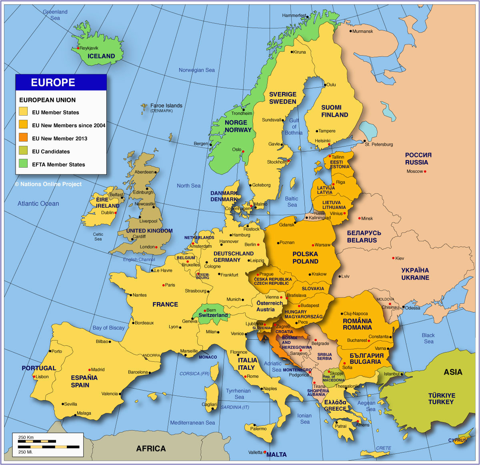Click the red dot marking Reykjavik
[x=78, y=48]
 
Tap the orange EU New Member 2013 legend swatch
[x=23, y=138]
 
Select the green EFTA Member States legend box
[x=23, y=164]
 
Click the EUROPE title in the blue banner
[x=53, y=82]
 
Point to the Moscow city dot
[x=425, y=172]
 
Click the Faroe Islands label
[x=166, y=106]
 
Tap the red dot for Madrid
[x=89, y=370]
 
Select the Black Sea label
[x=428, y=338]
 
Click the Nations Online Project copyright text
[x=48, y=184]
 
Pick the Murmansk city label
[x=362, y=31]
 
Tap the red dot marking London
[x=156, y=247]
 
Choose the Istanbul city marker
[x=402, y=374]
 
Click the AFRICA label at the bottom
[x=151, y=449]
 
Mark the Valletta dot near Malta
[x=264, y=453]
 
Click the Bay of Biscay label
[x=108, y=328]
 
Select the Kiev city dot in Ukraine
[x=393, y=258]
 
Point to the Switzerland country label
[x=213, y=315]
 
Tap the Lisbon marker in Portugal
[x=34, y=377]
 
